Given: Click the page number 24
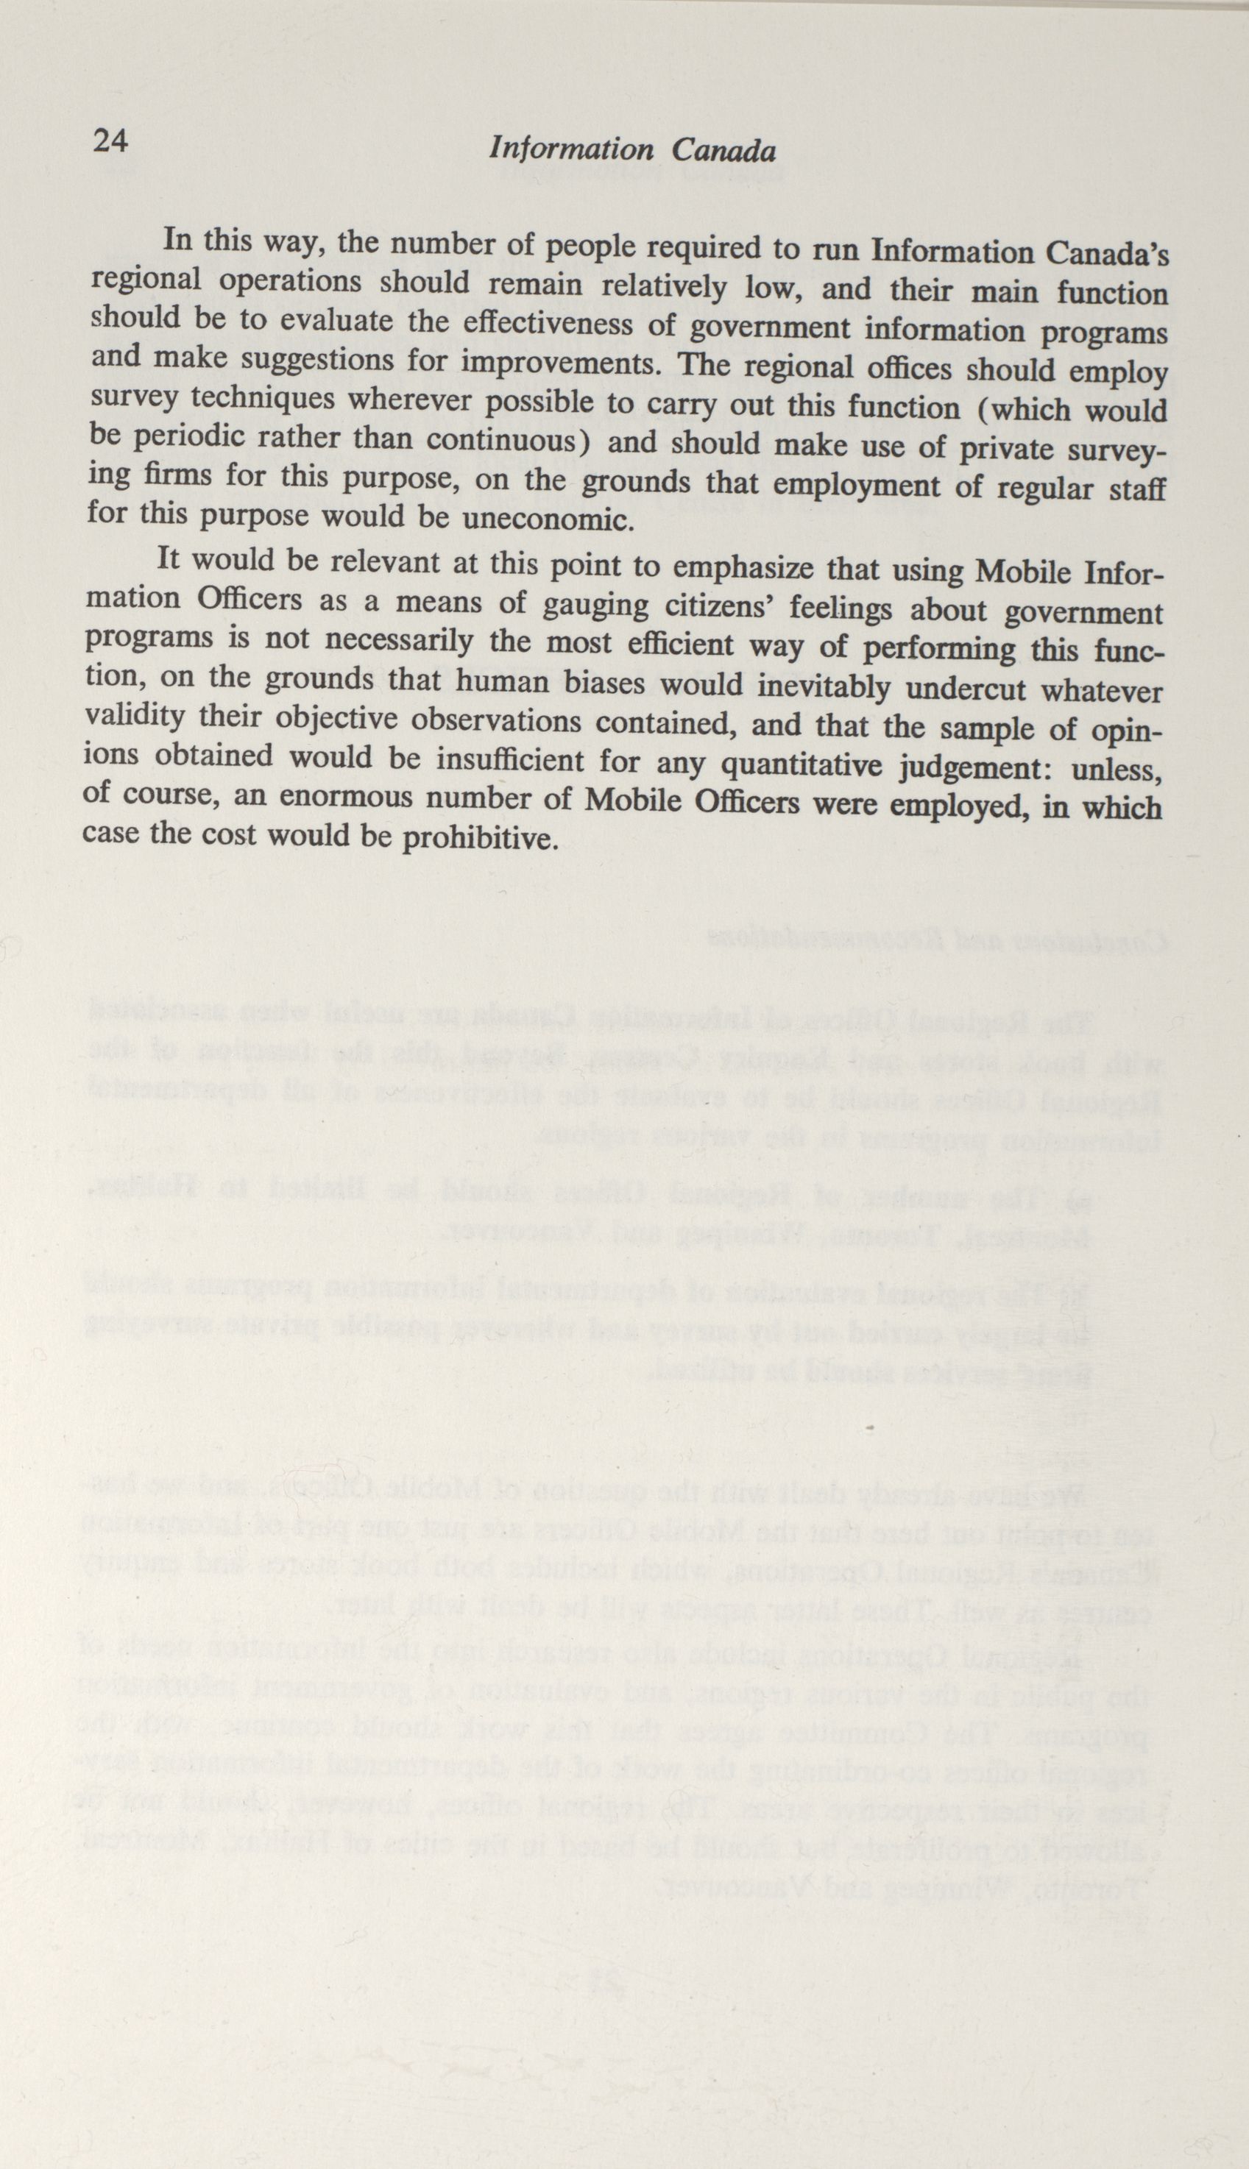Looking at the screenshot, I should point(110,140).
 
